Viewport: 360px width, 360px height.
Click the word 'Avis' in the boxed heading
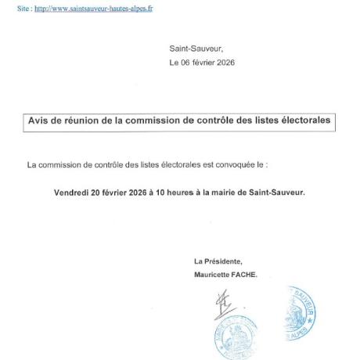click(x=41, y=121)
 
